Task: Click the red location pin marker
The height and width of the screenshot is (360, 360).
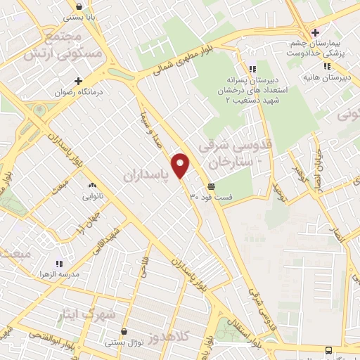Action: tap(181, 165)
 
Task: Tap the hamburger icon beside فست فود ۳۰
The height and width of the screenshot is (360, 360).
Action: tap(211, 186)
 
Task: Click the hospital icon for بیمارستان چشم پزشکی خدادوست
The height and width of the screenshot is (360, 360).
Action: tap(316, 32)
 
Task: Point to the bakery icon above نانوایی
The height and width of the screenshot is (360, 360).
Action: tap(91, 185)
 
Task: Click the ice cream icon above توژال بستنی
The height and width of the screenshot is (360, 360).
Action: tap(124, 331)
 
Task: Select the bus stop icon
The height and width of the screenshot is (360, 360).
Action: tap(328, 349)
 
